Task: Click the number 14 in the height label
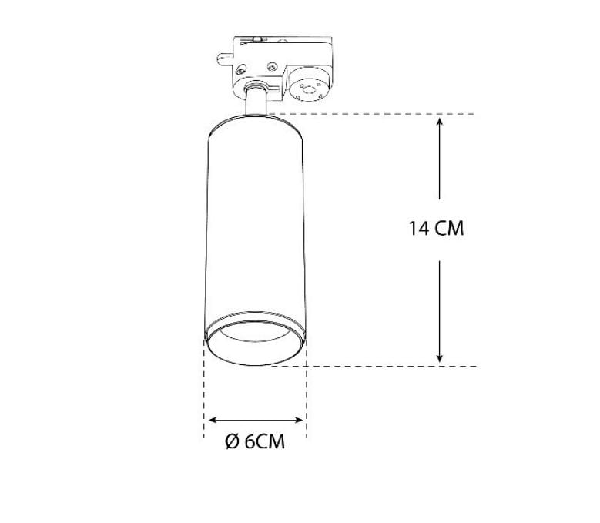tap(419, 229)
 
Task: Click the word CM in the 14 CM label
tap(449, 229)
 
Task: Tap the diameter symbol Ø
tap(233, 441)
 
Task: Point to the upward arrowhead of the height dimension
tap(440, 122)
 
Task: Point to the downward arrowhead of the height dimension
tap(440, 358)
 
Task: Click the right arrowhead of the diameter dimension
tap(299, 420)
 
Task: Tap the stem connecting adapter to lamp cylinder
tap(256, 101)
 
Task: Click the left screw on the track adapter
tap(240, 69)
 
